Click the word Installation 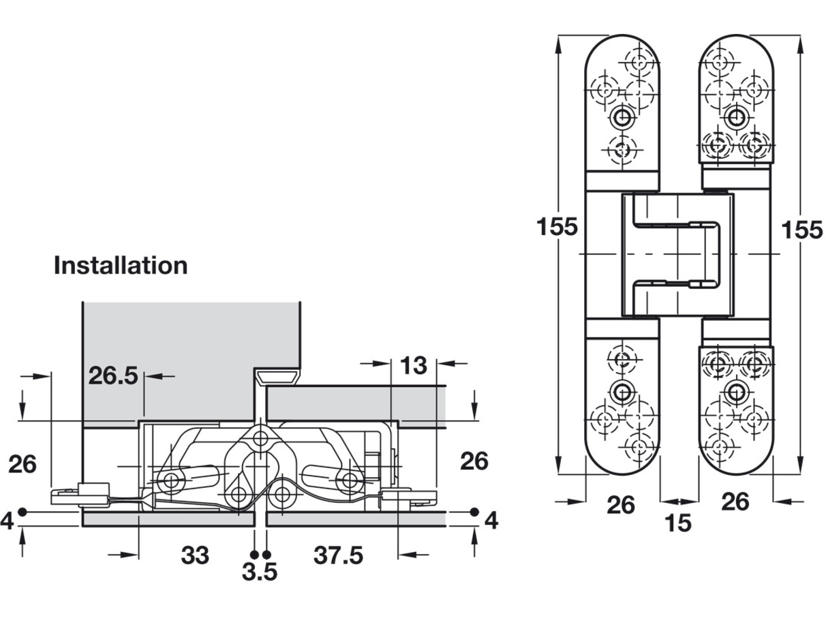pos(121,265)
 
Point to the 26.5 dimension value pos(113,375)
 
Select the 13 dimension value pos(413,366)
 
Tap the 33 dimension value pos(195,555)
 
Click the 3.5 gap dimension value pos(260,572)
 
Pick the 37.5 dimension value pos(338,555)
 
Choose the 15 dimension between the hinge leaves pos(678,523)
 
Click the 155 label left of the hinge pos(557,227)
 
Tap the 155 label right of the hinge pos(802,230)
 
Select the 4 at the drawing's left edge pos(7,521)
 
